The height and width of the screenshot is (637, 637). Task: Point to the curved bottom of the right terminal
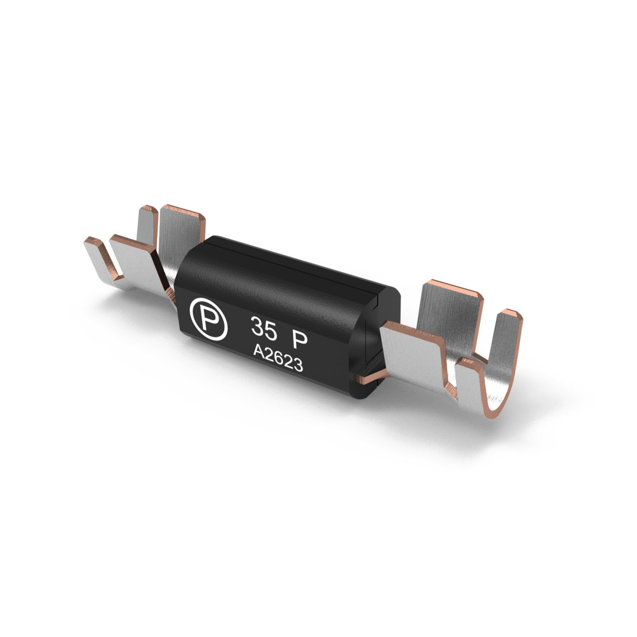(498, 398)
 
